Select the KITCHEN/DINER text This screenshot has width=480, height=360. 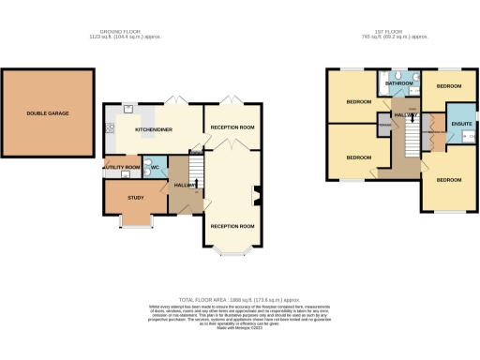pos(152,128)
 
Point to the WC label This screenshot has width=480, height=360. pos(157,170)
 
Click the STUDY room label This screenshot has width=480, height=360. pos(135,198)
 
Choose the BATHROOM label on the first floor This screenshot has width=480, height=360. pos(398,84)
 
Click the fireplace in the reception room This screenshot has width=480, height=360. pos(258,196)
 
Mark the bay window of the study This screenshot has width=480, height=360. pos(136,224)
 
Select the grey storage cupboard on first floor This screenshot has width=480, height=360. pos(384,126)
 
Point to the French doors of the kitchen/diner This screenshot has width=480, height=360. pos(174,99)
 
